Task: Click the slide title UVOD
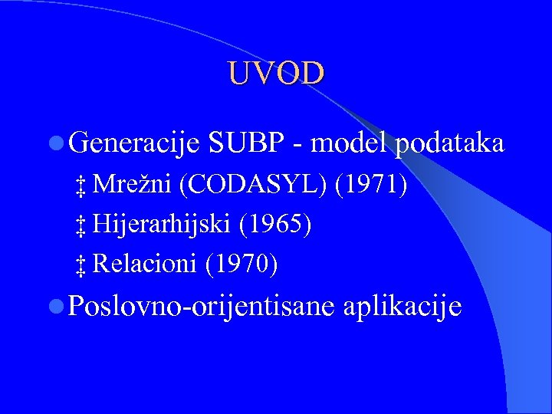coord(276,73)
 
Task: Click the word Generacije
coord(134,143)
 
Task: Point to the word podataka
coord(450,143)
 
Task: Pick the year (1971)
coord(373,185)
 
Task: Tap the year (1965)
coord(275,225)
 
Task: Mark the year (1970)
coord(242,264)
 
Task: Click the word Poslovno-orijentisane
coord(202,307)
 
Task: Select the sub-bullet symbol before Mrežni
coord(80,186)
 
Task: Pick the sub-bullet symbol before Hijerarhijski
coord(80,226)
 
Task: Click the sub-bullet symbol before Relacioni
coord(80,266)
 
